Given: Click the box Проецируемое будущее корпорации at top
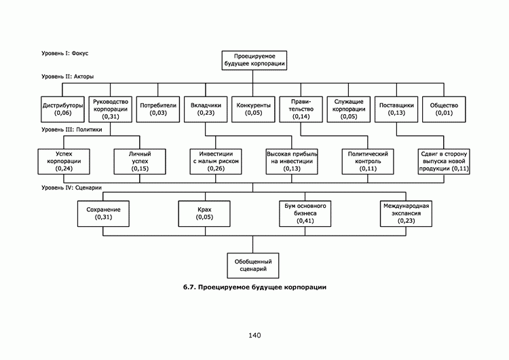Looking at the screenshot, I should [x=254, y=59].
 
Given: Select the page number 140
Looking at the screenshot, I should [x=254, y=335].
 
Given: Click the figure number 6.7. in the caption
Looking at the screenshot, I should [x=190, y=287].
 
